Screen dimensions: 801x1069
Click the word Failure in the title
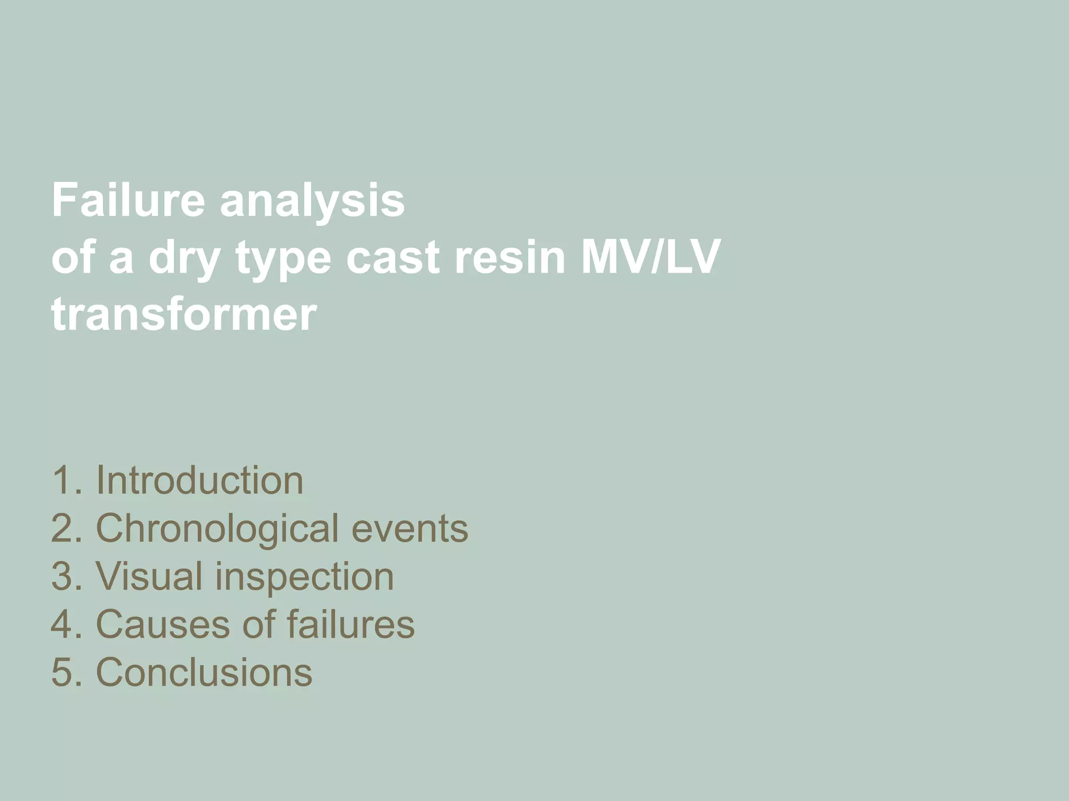pyautogui.click(x=128, y=201)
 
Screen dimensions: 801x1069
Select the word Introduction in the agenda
pyautogui.click(x=199, y=480)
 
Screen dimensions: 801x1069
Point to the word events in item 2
pyautogui.click(x=410, y=529)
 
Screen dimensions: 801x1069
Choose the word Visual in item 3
pyautogui.click(x=149, y=577)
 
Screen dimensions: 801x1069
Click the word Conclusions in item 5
pyautogui.click(x=204, y=672)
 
